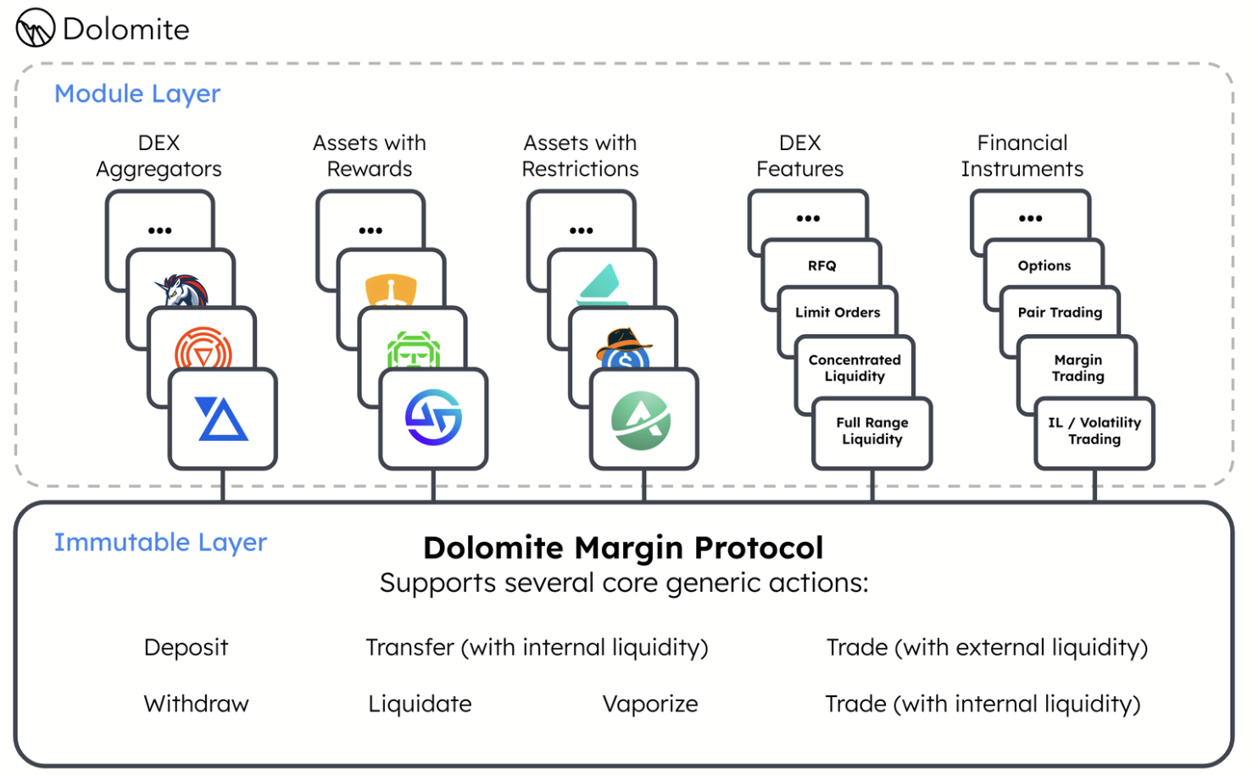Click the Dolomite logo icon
coord(36,28)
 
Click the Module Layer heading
coord(137,93)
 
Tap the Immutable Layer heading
coord(160,542)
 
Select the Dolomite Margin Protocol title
coord(623,548)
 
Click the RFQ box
coord(821,265)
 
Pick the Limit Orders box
coord(838,312)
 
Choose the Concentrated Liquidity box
coord(855,368)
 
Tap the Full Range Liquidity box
coord(872,431)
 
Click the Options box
coord(1044,265)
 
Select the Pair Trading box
coord(1060,312)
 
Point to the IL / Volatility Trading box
coord(1094,431)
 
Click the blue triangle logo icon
coord(222,419)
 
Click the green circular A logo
coord(642,421)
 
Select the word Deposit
coord(186,647)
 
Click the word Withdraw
coord(196,704)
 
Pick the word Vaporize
coord(650,704)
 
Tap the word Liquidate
coord(420,704)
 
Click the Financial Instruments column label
coord(1022,156)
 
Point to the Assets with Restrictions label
coord(580,156)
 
